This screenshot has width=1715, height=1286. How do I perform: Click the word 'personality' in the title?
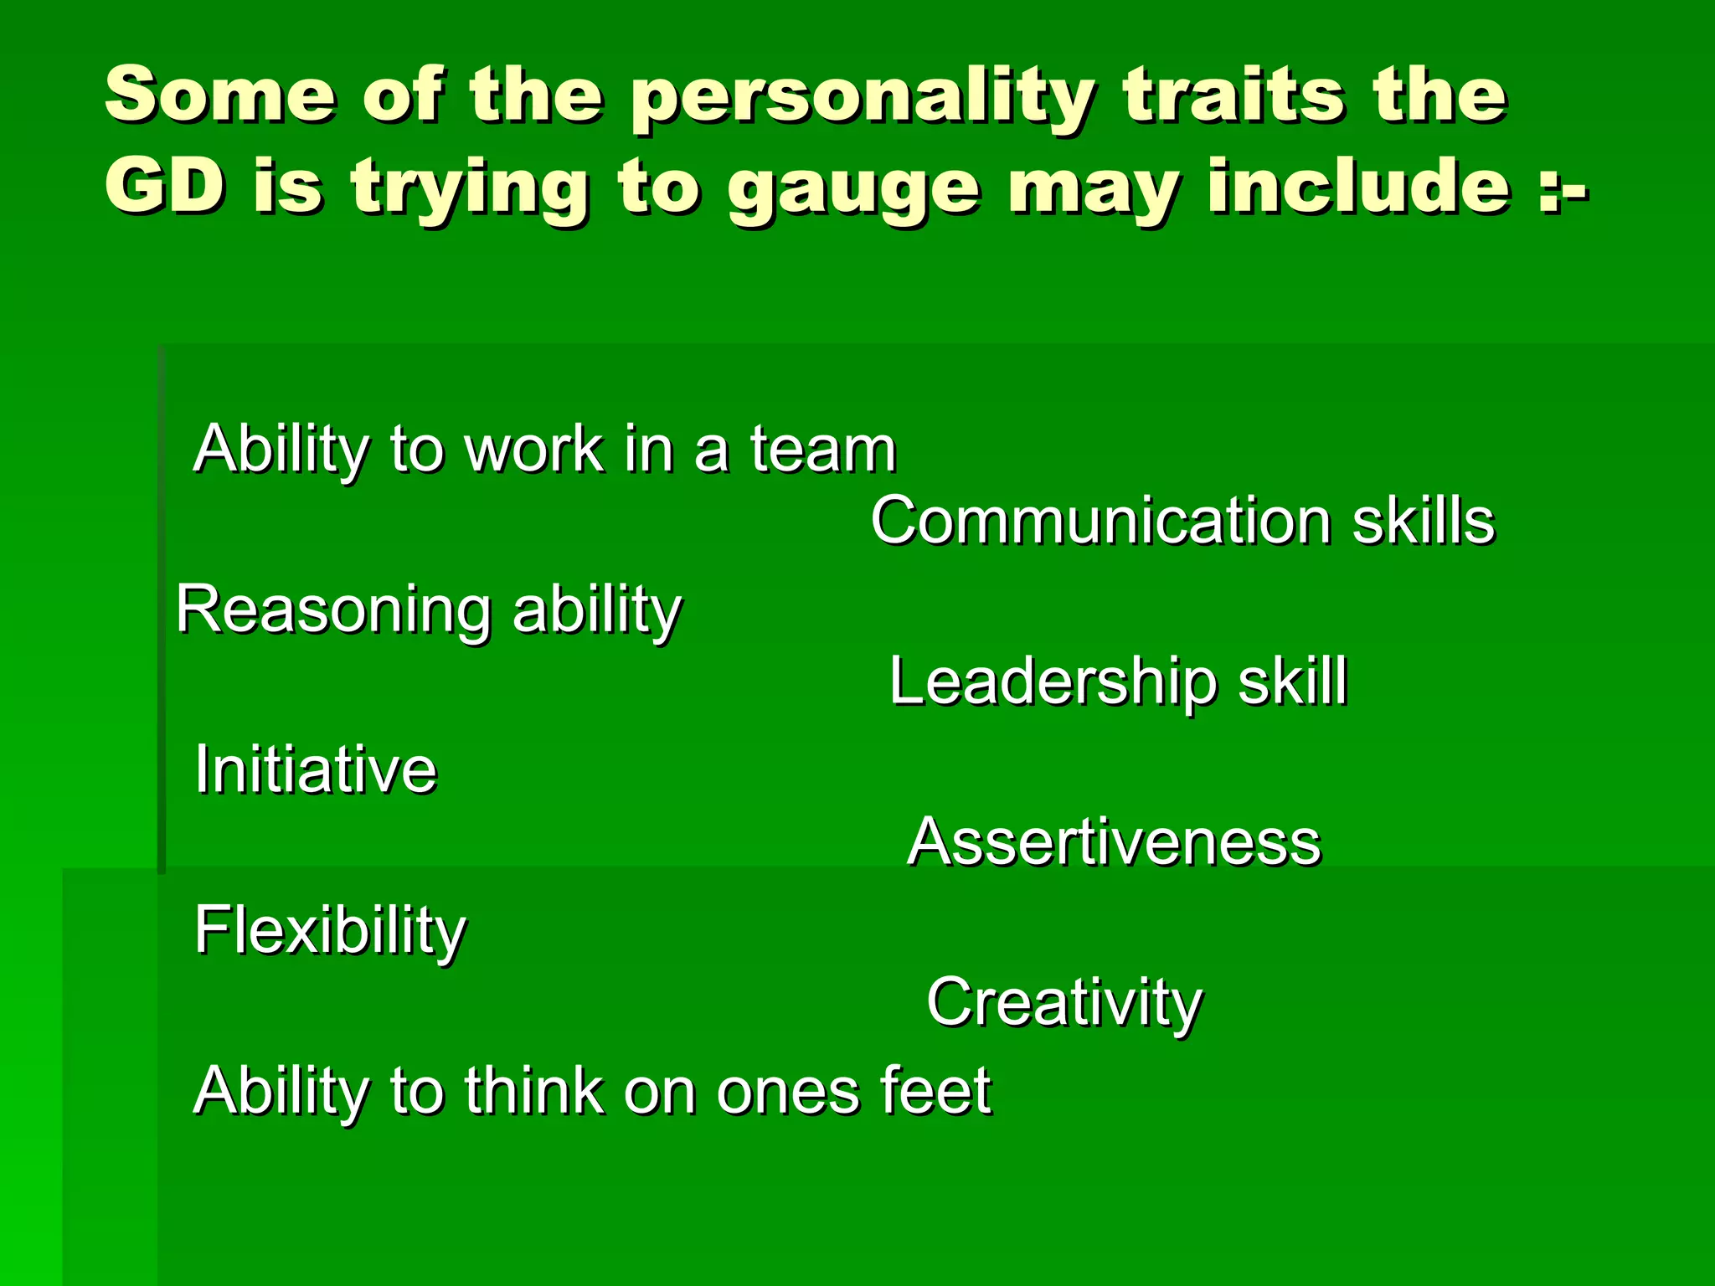pyautogui.click(x=862, y=97)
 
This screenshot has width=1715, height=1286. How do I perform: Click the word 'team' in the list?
pyautogui.click(x=822, y=449)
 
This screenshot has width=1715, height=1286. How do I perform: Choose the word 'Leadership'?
pyautogui.click(x=1052, y=682)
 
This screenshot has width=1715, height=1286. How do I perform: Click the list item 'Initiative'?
pyautogui.click(x=316, y=769)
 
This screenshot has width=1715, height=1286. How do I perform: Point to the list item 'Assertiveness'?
pyautogui.click(x=1114, y=841)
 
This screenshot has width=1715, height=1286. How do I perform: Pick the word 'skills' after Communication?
pyautogui.click(x=1424, y=521)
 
